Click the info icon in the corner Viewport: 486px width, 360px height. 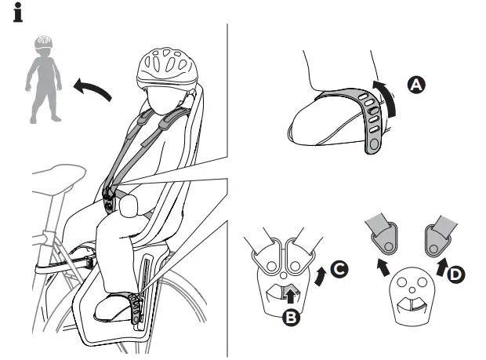(18, 13)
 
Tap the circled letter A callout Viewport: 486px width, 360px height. (416, 85)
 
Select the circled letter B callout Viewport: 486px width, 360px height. (291, 317)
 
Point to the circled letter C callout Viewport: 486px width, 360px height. (339, 269)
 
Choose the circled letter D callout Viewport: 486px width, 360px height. (455, 274)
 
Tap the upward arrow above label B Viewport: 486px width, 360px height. (290, 296)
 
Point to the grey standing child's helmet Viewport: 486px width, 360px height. (43, 42)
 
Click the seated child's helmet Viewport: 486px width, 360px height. (167, 68)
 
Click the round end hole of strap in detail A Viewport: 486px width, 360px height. (374, 144)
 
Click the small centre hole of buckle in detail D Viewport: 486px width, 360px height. (412, 290)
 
